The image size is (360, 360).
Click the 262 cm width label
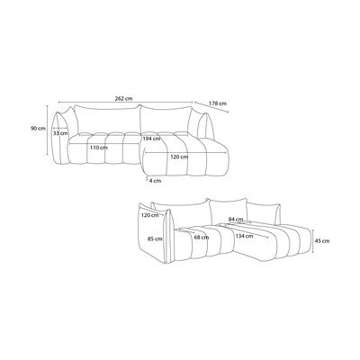123,98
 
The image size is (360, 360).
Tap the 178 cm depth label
218,103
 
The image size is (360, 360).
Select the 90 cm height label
38,129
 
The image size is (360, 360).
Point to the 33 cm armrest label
60,133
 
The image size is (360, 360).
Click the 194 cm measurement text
151,139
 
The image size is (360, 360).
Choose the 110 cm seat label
99,148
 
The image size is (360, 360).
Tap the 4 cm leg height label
155,181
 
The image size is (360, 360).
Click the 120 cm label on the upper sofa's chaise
179,157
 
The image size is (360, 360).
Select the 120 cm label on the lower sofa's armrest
149,215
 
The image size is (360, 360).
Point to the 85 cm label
155,239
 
